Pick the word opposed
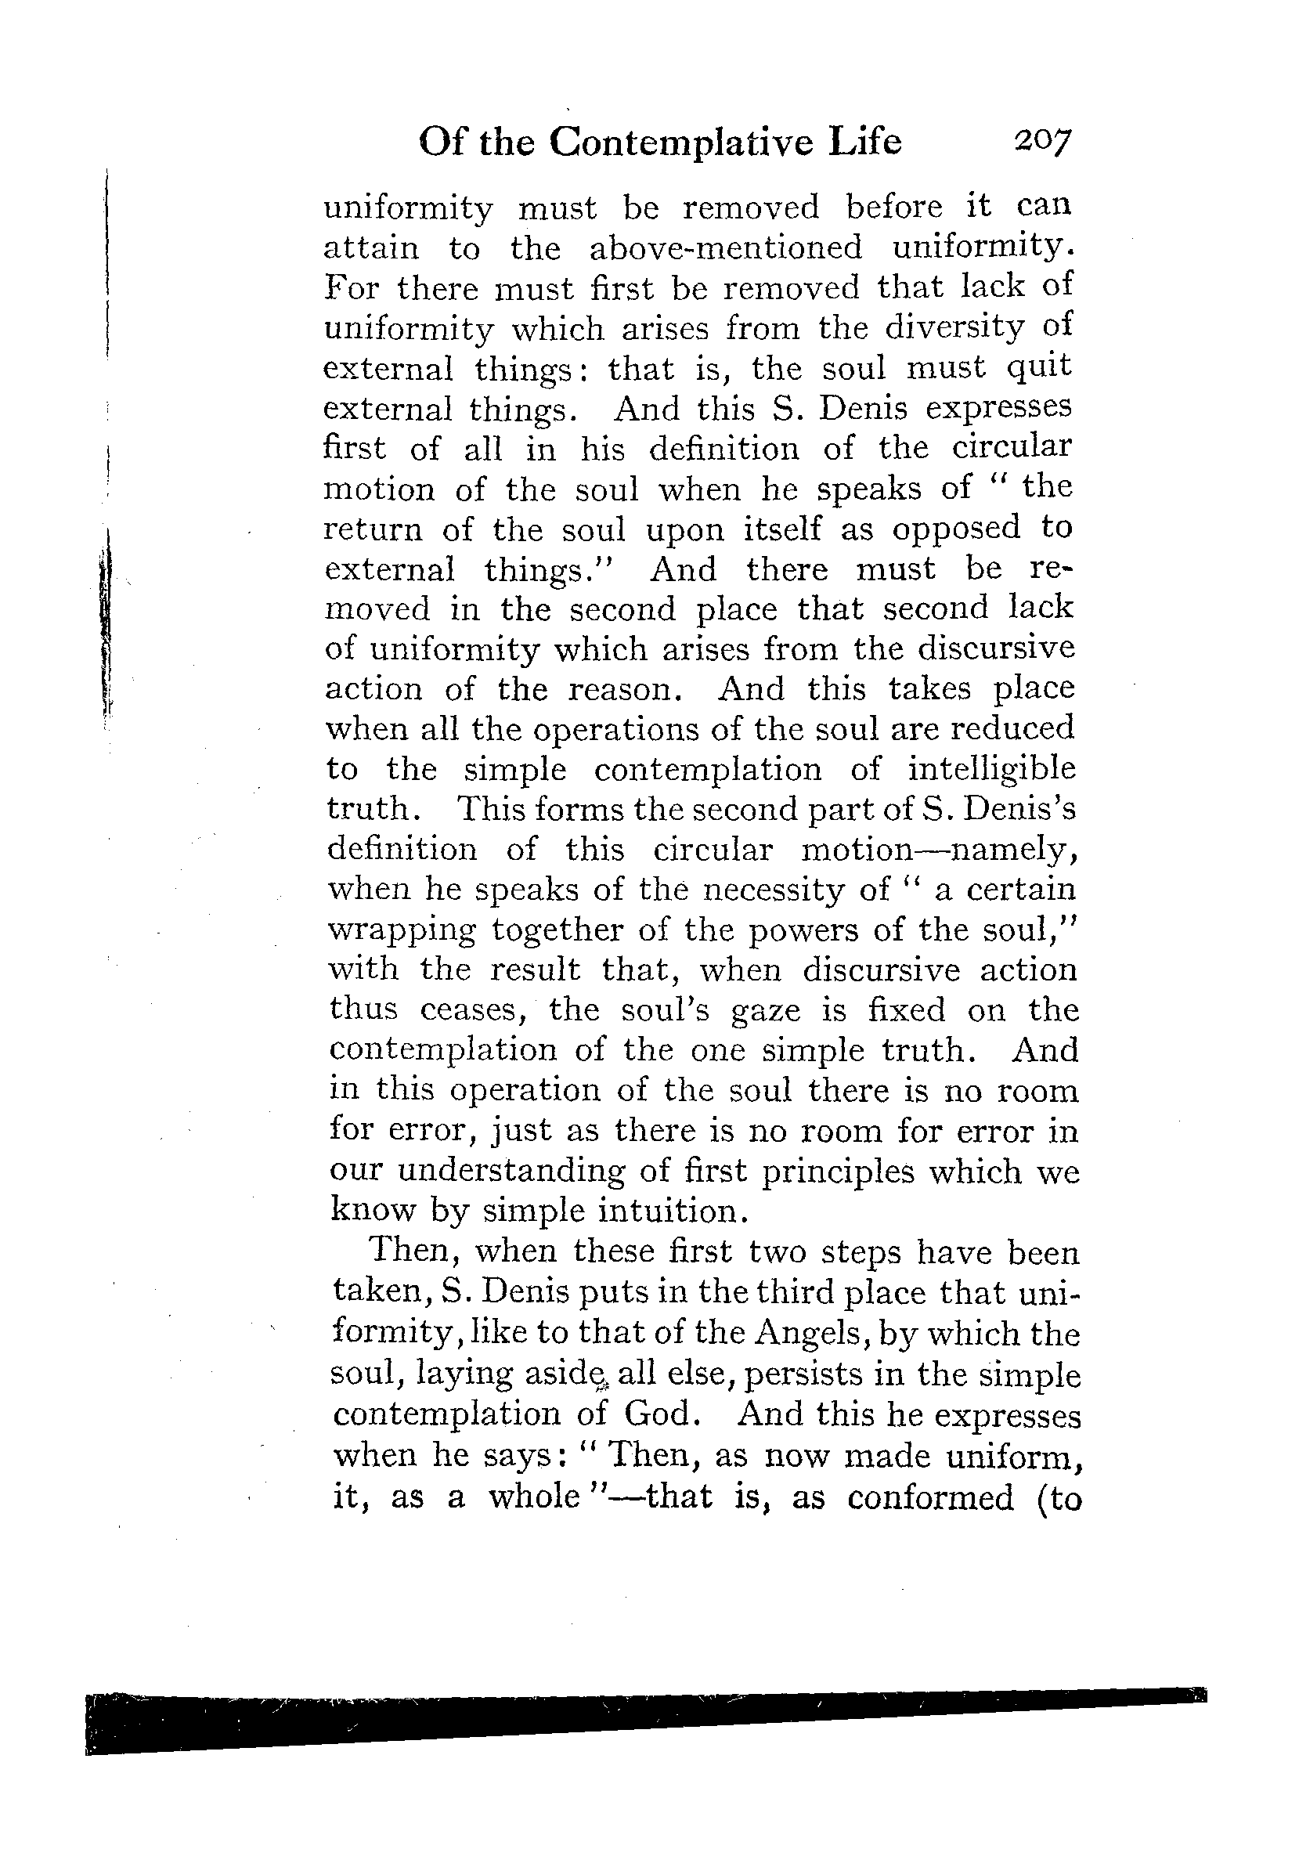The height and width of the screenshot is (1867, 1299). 955,529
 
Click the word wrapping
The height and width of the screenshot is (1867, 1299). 402,930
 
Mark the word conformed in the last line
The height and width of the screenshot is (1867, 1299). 930,1498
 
